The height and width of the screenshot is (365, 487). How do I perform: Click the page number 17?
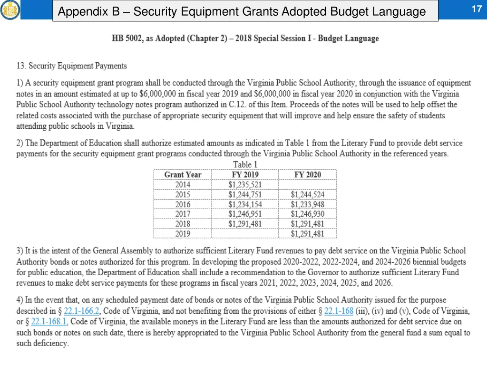pos(477,9)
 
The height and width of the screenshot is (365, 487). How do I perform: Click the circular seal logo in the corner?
pos(10,10)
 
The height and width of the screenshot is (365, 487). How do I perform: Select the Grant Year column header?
pos(183,175)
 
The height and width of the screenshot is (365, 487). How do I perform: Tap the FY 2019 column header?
pos(245,175)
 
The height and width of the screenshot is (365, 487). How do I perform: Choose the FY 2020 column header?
pos(307,175)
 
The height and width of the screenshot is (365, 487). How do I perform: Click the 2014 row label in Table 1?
pos(183,185)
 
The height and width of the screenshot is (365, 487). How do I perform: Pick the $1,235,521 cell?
pos(245,185)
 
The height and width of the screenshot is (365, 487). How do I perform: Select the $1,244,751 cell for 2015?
pos(245,194)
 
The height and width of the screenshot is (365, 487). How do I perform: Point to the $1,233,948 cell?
pos(307,204)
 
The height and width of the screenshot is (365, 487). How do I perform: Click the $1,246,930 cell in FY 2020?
pos(307,214)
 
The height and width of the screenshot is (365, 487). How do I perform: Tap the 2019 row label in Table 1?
pos(183,234)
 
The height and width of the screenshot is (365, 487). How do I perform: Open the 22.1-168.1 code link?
pos(49,321)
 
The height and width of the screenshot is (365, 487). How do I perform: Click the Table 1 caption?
pos(245,164)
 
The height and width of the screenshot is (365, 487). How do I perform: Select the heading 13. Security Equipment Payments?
pos(71,66)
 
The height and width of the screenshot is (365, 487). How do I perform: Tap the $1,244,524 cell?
pos(307,194)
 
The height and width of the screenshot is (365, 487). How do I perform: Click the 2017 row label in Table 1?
pos(183,214)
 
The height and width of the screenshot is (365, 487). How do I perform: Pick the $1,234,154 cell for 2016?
pos(245,204)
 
